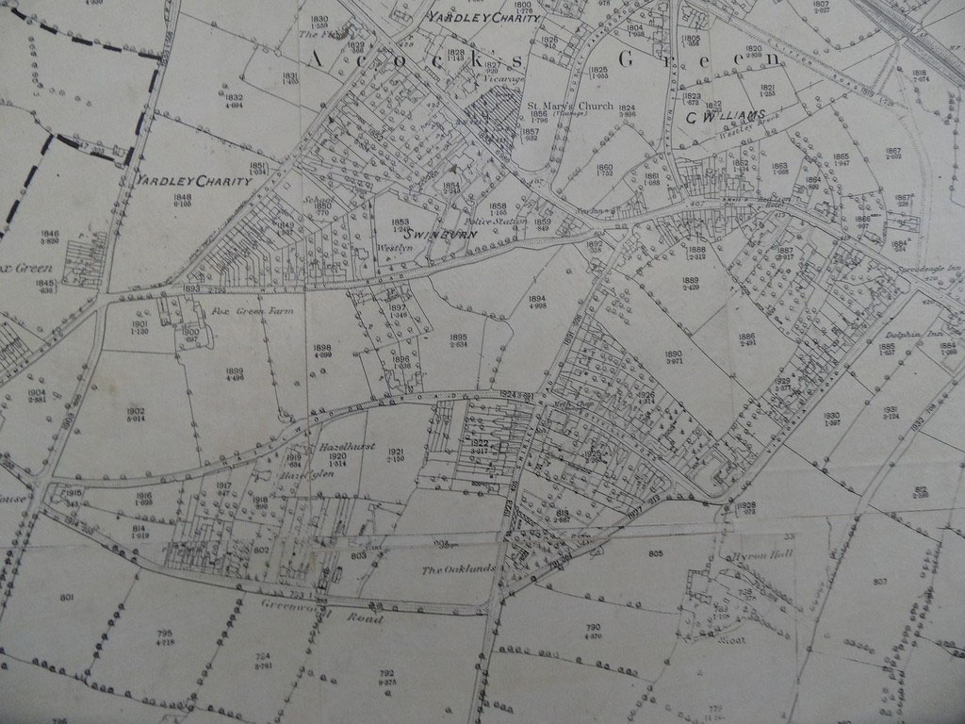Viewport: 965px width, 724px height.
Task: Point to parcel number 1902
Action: click(x=135, y=411)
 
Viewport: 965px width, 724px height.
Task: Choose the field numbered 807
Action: click(x=880, y=580)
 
